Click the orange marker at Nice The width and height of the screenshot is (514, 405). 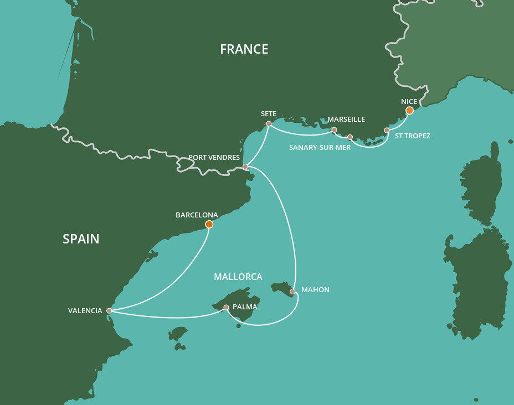[409, 111]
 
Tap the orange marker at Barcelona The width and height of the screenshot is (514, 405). [209, 224]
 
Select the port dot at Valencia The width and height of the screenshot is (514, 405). [109, 311]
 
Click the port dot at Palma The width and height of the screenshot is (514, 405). [226, 307]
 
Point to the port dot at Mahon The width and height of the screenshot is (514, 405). [292, 291]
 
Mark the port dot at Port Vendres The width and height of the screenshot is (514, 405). [245, 167]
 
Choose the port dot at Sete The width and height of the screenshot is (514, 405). [269, 124]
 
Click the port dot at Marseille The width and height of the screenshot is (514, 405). [334, 130]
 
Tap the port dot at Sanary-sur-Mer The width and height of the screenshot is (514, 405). [350, 137]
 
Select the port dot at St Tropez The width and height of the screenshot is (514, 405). [387, 130]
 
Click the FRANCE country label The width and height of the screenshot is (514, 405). [244, 49]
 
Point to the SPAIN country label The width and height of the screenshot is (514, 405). [81, 239]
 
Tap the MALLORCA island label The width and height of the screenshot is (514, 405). [238, 277]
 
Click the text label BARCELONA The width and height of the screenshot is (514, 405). [197, 215]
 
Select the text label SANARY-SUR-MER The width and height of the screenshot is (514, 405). [320, 148]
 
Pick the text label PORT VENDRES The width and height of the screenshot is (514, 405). [214, 158]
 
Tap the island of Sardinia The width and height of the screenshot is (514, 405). [477, 282]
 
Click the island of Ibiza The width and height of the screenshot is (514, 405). [178, 334]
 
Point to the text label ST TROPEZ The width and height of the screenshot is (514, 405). [413, 136]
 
